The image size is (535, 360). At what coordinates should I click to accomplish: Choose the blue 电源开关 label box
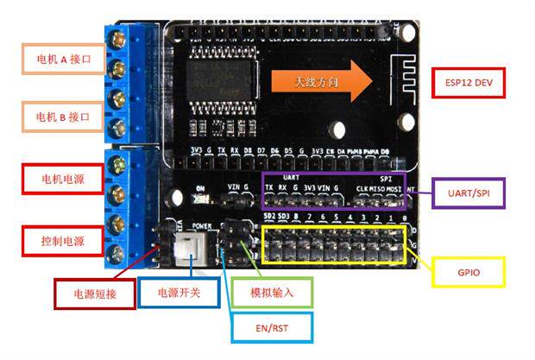click(x=179, y=294)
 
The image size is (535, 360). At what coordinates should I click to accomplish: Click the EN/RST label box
click(x=271, y=327)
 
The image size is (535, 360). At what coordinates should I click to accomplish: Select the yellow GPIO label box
click(x=467, y=272)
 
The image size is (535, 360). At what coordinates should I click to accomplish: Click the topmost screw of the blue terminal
click(x=117, y=39)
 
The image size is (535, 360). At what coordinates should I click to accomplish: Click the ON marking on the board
click(x=200, y=187)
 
